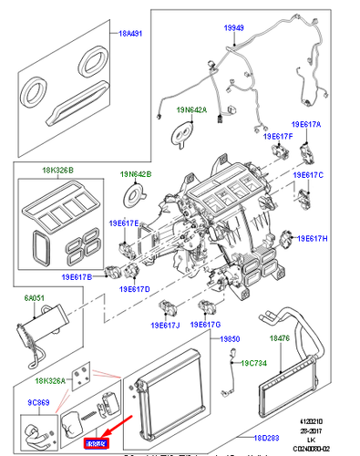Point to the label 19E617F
click(x=278, y=137)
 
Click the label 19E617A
click(x=306, y=123)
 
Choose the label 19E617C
click(x=307, y=174)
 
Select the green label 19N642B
click(x=137, y=174)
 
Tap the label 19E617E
click(x=125, y=223)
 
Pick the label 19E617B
click(x=78, y=277)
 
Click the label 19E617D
click(x=134, y=289)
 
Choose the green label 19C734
click(x=255, y=362)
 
